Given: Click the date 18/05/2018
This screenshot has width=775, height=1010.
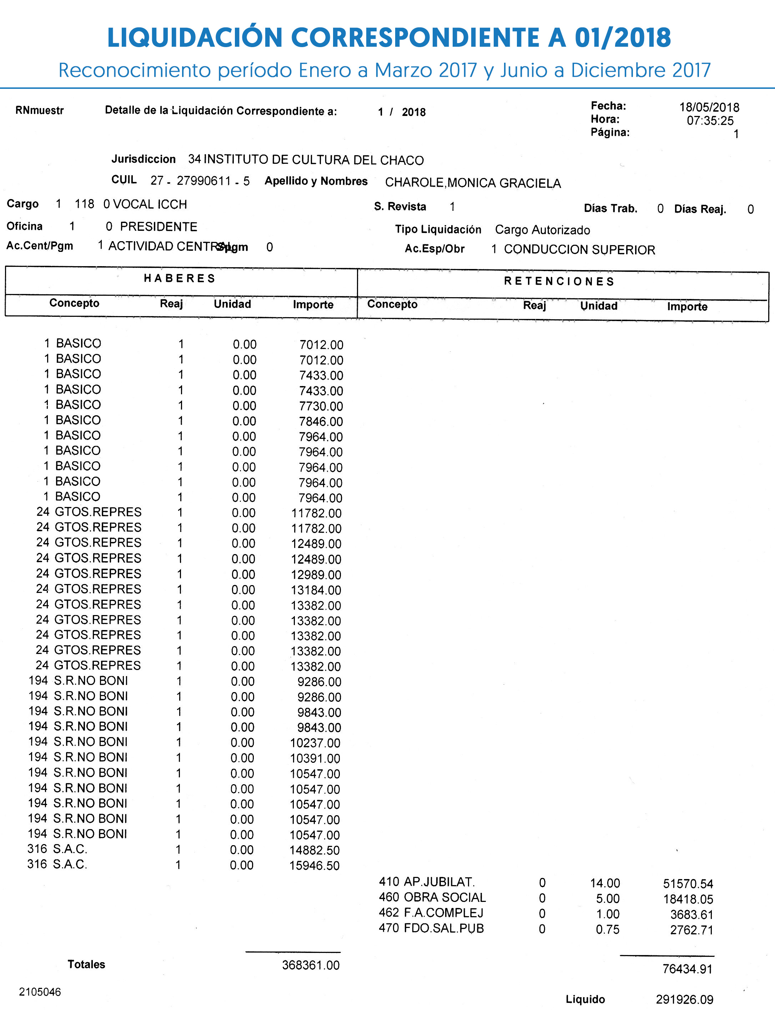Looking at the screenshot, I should (x=709, y=107).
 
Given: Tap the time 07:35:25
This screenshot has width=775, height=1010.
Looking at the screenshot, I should (x=710, y=121).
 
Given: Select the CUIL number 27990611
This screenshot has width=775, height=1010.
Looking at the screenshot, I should (x=203, y=181).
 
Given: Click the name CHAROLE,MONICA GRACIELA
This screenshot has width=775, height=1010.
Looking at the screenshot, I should (x=473, y=183).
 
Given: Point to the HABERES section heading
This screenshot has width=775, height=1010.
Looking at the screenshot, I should (x=180, y=278).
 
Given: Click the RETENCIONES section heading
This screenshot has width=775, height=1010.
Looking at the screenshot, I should (x=559, y=281).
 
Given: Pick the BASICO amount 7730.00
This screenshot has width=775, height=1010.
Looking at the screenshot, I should (x=321, y=406).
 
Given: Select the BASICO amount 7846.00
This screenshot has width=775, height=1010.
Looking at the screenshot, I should (x=321, y=421).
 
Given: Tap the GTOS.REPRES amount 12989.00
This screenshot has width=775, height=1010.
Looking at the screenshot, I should (x=316, y=575).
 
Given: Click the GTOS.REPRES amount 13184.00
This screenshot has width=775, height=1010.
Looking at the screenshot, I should (x=316, y=590).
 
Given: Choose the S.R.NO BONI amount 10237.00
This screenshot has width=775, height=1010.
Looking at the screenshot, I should (x=315, y=743).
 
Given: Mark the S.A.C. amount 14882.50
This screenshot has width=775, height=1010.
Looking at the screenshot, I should (x=314, y=850).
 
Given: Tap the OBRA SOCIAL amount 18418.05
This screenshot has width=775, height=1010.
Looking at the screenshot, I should (x=688, y=899).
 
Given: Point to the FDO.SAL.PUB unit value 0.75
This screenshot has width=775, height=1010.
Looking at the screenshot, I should (x=608, y=929).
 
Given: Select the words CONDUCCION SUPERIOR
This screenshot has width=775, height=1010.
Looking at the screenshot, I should (x=579, y=249).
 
